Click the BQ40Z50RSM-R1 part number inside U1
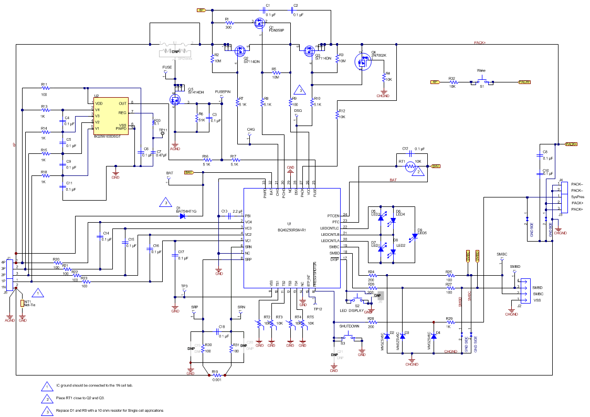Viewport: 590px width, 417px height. click(291, 230)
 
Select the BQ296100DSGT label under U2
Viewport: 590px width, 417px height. click(107, 136)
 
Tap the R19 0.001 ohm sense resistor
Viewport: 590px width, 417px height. click(215, 375)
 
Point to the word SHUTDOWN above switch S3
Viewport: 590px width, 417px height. click(349, 326)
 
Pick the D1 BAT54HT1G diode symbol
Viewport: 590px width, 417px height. click(183, 216)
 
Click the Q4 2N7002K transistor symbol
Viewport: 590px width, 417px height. click(362, 61)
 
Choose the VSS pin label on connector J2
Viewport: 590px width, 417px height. click(537, 300)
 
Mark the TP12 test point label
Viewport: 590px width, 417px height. click(318, 309)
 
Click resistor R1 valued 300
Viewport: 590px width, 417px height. click(228, 23)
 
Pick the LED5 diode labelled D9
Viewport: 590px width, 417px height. click(414, 236)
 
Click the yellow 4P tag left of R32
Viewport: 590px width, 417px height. click(435, 82)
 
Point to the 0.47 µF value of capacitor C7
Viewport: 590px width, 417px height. click(161, 155)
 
